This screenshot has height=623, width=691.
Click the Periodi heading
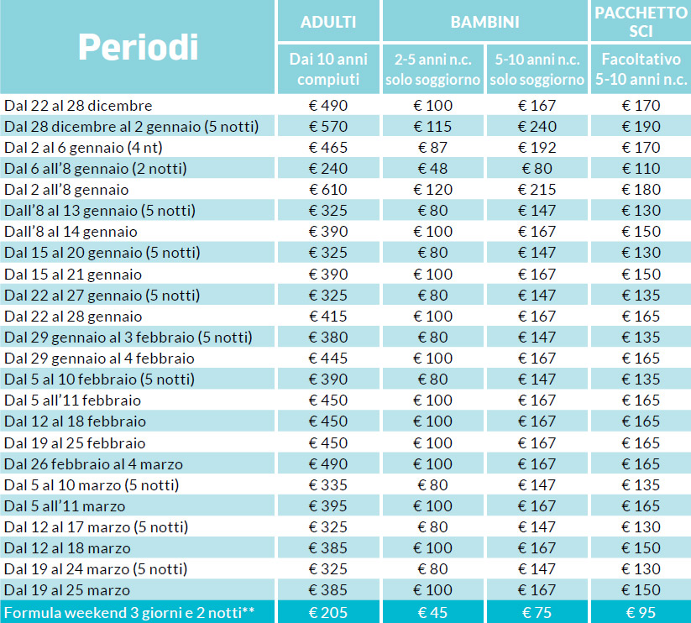(x=138, y=47)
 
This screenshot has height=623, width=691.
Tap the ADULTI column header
(x=328, y=22)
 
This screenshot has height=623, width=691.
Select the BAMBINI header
(x=484, y=22)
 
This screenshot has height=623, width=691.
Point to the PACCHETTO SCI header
(x=641, y=22)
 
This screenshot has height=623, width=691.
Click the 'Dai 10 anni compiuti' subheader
(x=328, y=69)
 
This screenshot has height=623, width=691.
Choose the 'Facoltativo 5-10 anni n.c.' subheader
(x=641, y=69)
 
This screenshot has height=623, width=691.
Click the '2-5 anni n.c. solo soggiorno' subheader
(x=432, y=69)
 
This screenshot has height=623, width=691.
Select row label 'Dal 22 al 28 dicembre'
(x=78, y=106)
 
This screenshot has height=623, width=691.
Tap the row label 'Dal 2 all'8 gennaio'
(x=66, y=190)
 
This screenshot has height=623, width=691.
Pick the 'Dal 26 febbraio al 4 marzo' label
(x=93, y=464)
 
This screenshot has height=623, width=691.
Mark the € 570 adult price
(x=328, y=127)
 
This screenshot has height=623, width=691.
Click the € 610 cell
(x=328, y=190)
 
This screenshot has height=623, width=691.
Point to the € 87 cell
(x=432, y=148)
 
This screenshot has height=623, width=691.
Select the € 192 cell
(x=537, y=148)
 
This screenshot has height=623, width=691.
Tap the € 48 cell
(x=432, y=169)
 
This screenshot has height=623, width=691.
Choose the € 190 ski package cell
(x=641, y=127)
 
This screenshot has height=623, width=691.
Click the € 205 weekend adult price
(x=328, y=612)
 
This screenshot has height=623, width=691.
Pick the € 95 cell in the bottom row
(x=641, y=612)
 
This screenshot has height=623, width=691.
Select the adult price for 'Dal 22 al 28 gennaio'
(x=328, y=317)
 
